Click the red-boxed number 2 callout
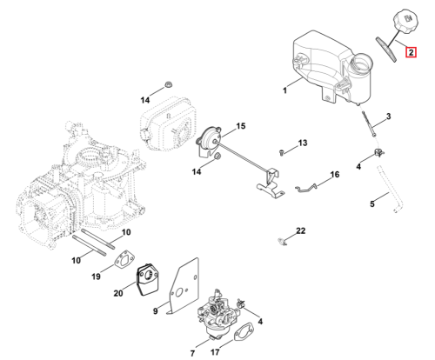411,52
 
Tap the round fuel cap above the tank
406,21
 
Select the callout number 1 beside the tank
284,90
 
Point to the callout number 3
388,117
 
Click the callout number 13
303,143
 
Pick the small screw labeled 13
281,152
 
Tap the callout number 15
241,126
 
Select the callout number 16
335,175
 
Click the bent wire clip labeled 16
306,188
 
